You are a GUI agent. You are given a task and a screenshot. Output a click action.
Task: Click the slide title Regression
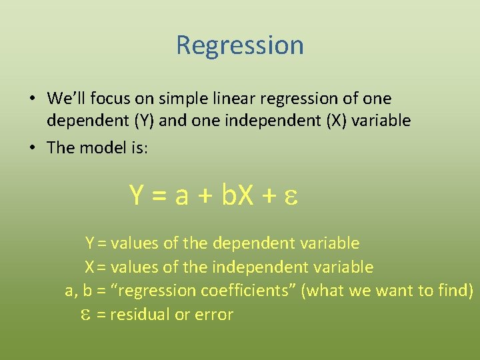point(240,45)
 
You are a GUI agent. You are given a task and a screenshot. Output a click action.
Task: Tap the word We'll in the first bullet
point(65,99)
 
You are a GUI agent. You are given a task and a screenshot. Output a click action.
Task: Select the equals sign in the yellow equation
point(159,195)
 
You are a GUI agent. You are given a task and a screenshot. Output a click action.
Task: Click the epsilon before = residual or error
point(85,315)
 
